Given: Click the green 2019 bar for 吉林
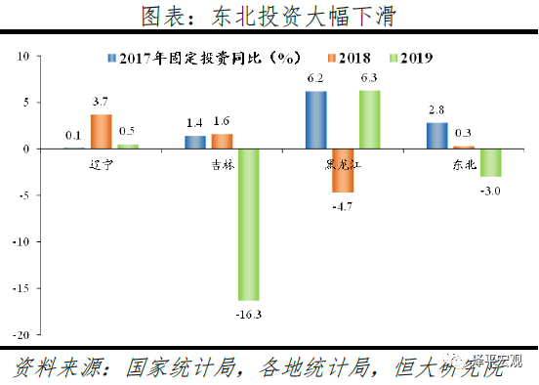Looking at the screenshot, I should pyautogui.click(x=248, y=224).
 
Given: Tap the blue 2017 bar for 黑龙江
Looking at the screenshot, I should pyautogui.click(x=315, y=120).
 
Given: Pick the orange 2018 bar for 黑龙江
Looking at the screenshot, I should pyautogui.click(x=342, y=170).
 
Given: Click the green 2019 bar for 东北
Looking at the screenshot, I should pyautogui.click(x=489, y=162).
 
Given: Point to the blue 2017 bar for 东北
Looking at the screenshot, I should pyautogui.click(x=436, y=136).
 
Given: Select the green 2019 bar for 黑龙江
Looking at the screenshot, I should pyautogui.click(x=368, y=119).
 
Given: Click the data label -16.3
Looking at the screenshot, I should pyautogui.click(x=248, y=315).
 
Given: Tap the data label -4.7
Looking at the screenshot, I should pyautogui.click(x=342, y=207).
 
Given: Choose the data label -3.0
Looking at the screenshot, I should pyautogui.click(x=489, y=191).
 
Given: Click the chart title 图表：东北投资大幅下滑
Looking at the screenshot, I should pyautogui.click(x=269, y=17).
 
